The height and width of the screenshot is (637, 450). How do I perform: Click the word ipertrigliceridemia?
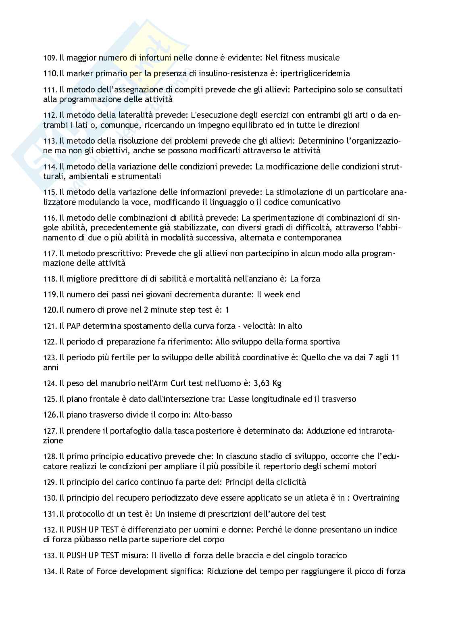pos(315,73)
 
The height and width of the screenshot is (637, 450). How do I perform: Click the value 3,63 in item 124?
pos(262,383)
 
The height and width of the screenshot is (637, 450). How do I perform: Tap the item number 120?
pos(50,310)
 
